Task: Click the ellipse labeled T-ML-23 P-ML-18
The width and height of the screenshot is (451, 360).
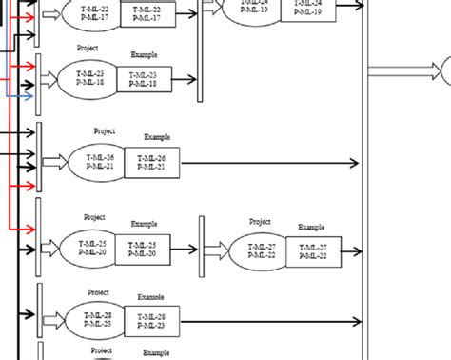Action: (88, 79)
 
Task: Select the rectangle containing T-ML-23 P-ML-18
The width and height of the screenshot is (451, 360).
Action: (146, 79)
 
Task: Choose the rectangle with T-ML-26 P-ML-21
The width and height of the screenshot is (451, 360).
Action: (151, 163)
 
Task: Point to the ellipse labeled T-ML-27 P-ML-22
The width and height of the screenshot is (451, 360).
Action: (259, 250)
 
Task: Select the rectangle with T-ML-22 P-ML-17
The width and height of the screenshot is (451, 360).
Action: (146, 12)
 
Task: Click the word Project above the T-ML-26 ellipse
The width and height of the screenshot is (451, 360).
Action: (105, 130)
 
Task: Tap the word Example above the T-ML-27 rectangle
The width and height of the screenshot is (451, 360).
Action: (312, 227)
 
